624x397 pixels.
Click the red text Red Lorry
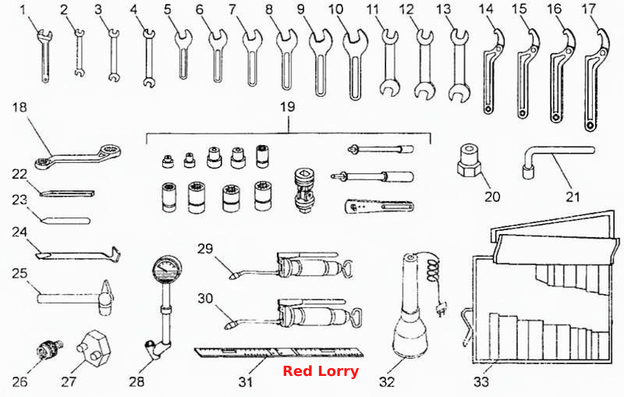point(321,370)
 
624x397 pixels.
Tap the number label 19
point(287,106)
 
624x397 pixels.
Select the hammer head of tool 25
point(106,298)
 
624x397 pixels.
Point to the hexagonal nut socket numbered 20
point(470,161)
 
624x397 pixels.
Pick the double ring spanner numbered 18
point(77,157)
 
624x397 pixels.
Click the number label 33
point(481,381)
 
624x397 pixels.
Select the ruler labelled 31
point(278,352)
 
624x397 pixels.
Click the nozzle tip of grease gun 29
point(232,275)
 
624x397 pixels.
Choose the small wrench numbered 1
point(44,56)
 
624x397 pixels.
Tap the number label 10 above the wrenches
point(336,9)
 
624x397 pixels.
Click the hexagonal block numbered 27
point(93,347)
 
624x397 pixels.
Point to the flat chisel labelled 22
point(67,193)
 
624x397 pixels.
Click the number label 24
point(19,232)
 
